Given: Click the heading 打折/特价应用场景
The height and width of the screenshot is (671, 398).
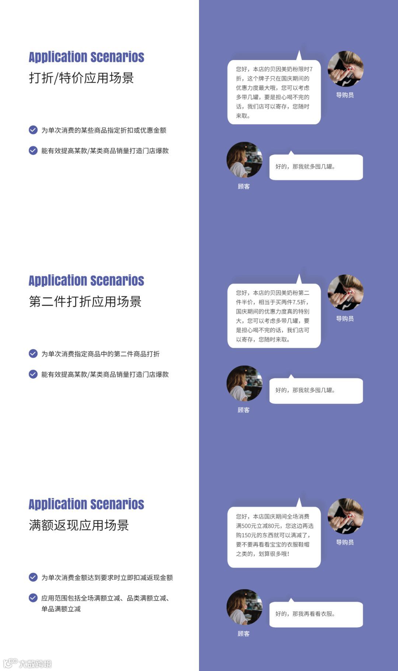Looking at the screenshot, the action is click(x=81, y=78).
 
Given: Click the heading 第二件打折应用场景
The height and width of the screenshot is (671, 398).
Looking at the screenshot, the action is click(x=85, y=301).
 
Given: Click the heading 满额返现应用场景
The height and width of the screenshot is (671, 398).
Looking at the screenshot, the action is click(x=79, y=525).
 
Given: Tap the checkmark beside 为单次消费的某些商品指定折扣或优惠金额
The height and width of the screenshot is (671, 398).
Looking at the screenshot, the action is click(x=33, y=130).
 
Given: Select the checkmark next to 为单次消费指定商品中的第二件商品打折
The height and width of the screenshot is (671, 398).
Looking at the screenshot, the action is click(x=33, y=354).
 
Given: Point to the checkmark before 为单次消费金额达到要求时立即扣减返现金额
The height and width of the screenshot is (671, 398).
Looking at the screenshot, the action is click(x=33, y=577).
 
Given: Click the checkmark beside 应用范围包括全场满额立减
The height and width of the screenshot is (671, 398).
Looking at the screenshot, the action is click(x=33, y=598).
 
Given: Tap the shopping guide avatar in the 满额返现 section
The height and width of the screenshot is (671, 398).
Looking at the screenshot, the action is click(x=345, y=516).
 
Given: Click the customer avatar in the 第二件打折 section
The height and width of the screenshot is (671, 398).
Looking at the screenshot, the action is click(x=244, y=383).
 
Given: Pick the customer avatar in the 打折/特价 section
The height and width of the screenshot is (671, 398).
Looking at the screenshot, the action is click(x=244, y=160).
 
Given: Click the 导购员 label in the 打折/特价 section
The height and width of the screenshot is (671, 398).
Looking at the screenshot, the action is click(x=345, y=95).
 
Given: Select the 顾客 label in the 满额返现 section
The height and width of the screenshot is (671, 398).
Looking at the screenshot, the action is click(x=244, y=633).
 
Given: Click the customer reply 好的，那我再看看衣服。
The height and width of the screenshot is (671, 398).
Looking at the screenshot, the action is click(x=316, y=614).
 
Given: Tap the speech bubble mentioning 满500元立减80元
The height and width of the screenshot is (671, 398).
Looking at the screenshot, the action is click(x=274, y=537).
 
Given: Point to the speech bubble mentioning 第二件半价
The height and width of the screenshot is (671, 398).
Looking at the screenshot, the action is click(x=274, y=316).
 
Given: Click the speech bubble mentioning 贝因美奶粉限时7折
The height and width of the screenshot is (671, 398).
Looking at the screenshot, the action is click(x=274, y=92).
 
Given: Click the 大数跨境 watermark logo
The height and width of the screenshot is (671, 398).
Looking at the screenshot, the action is click(x=28, y=663).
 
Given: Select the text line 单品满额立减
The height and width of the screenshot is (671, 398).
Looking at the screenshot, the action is click(x=61, y=609).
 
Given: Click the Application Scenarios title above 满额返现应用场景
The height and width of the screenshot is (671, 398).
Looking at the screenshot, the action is click(x=86, y=504).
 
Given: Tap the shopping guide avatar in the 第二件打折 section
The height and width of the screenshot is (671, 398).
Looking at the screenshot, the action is click(x=345, y=293).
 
